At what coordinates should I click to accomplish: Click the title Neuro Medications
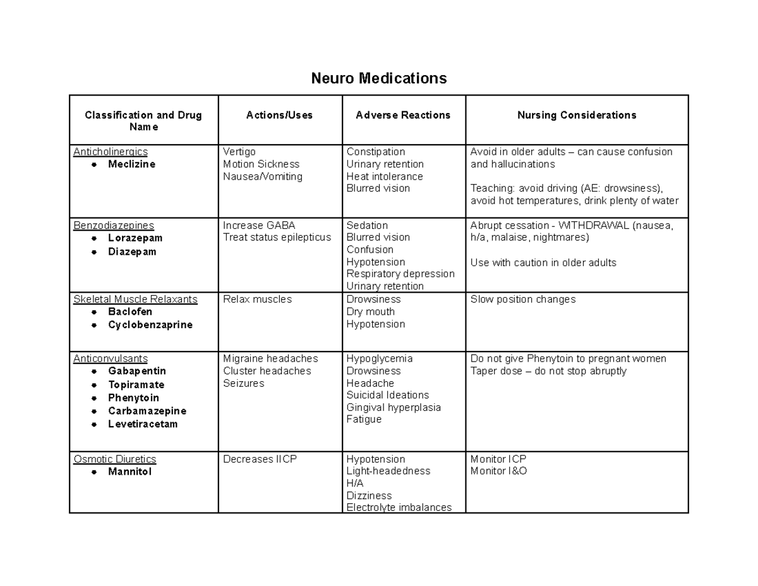pyautogui.click(x=378, y=78)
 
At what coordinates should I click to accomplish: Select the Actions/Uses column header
pyautogui.click(x=280, y=115)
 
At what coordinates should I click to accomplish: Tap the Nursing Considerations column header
pyautogui.click(x=577, y=115)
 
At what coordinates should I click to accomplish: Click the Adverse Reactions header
pyautogui.click(x=403, y=115)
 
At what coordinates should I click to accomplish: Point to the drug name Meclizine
pyautogui.click(x=131, y=164)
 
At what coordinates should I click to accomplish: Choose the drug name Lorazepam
pyautogui.click(x=135, y=238)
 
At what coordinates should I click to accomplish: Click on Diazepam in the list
pyautogui.click(x=132, y=252)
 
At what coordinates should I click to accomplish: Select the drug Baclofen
pyautogui.click(x=130, y=312)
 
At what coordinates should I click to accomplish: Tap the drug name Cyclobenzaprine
pyautogui.click(x=150, y=325)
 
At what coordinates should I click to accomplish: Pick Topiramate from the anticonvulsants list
pyautogui.click(x=136, y=384)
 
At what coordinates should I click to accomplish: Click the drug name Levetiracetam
pyautogui.click(x=143, y=424)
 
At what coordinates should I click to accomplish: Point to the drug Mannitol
pyautogui.click(x=130, y=472)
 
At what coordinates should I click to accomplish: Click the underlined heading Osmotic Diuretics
pyautogui.click(x=115, y=459)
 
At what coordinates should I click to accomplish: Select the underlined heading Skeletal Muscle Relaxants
pyautogui.click(x=135, y=299)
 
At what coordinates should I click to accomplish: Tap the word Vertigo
pyautogui.click(x=239, y=152)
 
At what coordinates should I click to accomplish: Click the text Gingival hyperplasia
pyautogui.click(x=394, y=407)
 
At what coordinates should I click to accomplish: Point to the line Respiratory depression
pyautogui.click(x=400, y=274)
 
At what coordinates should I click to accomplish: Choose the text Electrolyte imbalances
pyautogui.click(x=399, y=507)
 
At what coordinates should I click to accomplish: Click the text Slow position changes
pyautogui.click(x=523, y=299)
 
